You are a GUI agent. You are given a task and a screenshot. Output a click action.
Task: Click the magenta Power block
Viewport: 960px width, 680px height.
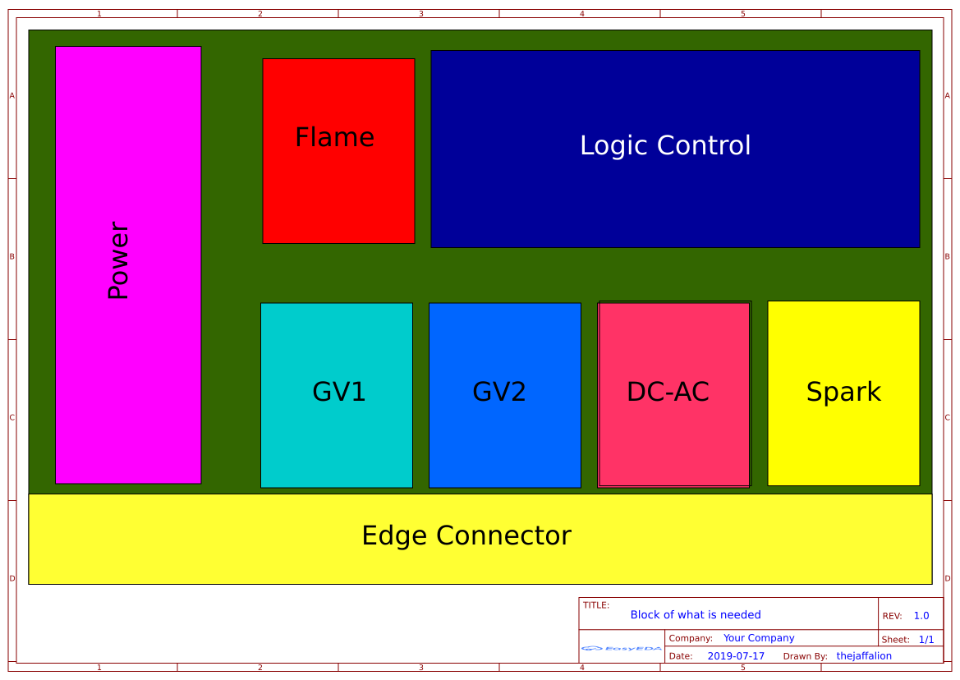click(x=128, y=264)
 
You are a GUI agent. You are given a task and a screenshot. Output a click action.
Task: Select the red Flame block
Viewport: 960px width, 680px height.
click(x=338, y=150)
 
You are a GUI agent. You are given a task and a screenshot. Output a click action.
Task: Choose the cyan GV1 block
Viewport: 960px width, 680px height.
click(x=337, y=394)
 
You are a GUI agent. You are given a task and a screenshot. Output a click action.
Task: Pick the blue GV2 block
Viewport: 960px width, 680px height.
click(x=504, y=394)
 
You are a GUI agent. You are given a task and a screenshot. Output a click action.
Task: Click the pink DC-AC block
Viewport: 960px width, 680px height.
click(x=673, y=394)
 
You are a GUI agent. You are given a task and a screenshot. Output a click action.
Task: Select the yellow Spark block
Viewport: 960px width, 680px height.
click(x=843, y=393)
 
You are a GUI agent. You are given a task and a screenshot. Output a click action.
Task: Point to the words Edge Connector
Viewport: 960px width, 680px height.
click(x=466, y=535)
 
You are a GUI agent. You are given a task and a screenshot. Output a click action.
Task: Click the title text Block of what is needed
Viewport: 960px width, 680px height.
click(x=696, y=614)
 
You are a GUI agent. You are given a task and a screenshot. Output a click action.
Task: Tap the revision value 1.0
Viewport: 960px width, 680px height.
click(x=921, y=616)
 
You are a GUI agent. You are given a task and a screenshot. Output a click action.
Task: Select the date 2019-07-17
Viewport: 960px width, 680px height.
click(x=736, y=656)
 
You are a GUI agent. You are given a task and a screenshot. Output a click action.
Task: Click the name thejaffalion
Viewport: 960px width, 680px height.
click(x=864, y=656)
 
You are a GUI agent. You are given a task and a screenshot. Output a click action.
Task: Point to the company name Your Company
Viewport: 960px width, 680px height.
click(x=759, y=638)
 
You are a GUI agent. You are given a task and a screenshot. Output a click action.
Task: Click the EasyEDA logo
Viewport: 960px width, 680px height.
click(x=622, y=648)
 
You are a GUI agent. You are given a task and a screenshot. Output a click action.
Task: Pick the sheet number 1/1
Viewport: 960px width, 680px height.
click(x=926, y=639)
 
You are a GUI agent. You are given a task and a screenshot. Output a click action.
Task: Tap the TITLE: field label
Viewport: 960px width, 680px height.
click(x=596, y=605)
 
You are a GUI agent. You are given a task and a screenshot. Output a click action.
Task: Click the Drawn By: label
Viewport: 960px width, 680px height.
click(x=806, y=656)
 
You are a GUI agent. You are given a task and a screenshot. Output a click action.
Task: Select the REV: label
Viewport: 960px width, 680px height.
click(x=892, y=616)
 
